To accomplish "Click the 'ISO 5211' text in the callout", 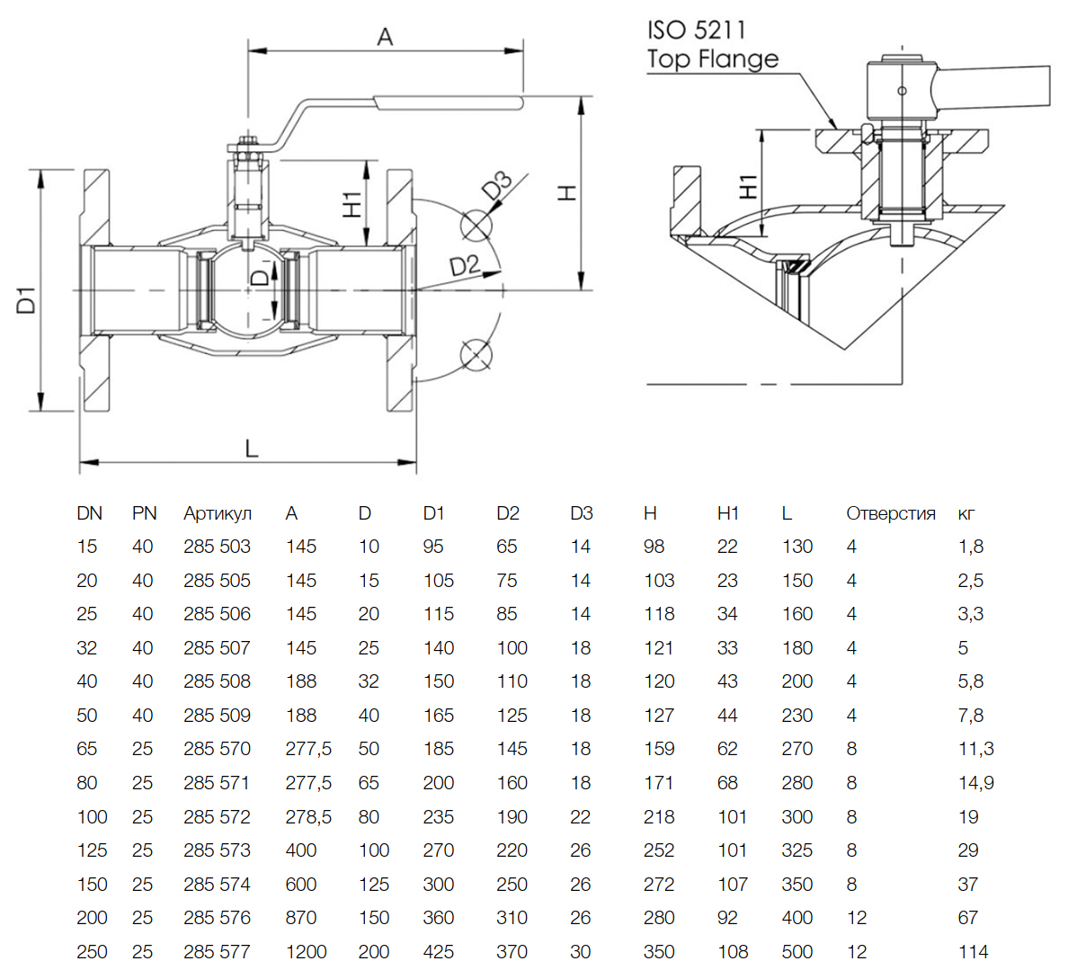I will point(697,30).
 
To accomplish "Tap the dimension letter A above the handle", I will point(385,37).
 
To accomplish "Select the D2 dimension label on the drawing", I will point(464,265).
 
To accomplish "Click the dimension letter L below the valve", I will point(252,448).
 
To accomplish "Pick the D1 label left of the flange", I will point(27,299).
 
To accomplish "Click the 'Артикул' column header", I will point(218,513).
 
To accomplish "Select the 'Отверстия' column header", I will point(890,513).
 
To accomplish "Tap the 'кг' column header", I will point(966,513).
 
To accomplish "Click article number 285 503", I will point(217,547).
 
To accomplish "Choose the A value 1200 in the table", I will point(306,952).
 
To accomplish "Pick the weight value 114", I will point(973,952).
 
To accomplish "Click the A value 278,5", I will point(308,817).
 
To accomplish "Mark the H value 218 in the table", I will point(659,817).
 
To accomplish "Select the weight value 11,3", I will point(975,749).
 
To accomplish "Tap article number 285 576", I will point(217,918).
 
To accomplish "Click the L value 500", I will point(797,952).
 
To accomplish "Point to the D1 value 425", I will point(439,952).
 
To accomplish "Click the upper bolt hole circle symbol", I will point(475,225).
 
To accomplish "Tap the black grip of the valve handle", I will point(448,102).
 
